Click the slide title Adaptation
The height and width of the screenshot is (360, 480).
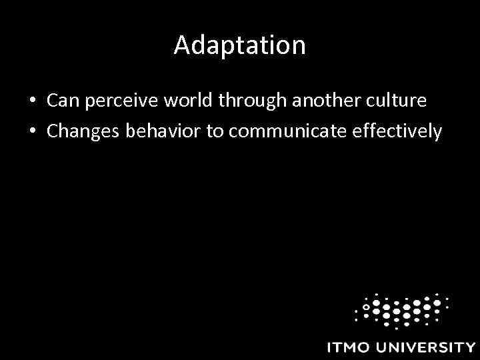click(239, 45)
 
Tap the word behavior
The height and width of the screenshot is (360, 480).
click(167, 131)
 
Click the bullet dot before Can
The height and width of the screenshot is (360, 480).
click(32, 101)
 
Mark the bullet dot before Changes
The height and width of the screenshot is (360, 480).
click(32, 132)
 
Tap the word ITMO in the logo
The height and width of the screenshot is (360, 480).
click(349, 347)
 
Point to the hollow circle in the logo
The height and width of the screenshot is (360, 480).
click(365, 307)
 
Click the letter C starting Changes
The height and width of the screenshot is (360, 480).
click(53, 132)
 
